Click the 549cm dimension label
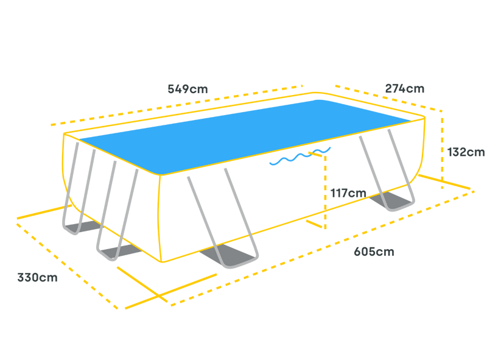pyautogui.click(x=187, y=89)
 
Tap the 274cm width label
pyautogui.click(x=405, y=88)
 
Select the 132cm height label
pyautogui.click(x=466, y=152)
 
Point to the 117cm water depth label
pyautogui.click(x=348, y=193)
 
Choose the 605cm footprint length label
pyautogui.click(x=374, y=252)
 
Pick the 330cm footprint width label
pyautogui.click(x=37, y=277)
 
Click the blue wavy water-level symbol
pyautogui.click(x=300, y=156)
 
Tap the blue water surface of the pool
pyautogui.click(x=245, y=137)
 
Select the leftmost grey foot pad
pyautogui.click(x=82, y=228)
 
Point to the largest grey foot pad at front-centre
pyautogui.click(x=228, y=256)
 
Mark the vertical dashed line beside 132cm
pyautogui.click(x=443, y=149)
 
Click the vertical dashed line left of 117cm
pyautogui.click(x=325, y=191)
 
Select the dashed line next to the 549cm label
pyautogui.click(x=177, y=105)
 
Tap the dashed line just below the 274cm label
pyautogui.click(x=388, y=98)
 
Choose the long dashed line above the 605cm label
pyautogui.click(x=323, y=249)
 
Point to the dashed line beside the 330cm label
pyautogui.click(x=68, y=266)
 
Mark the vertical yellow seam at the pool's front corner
pyautogui.click(x=160, y=218)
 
